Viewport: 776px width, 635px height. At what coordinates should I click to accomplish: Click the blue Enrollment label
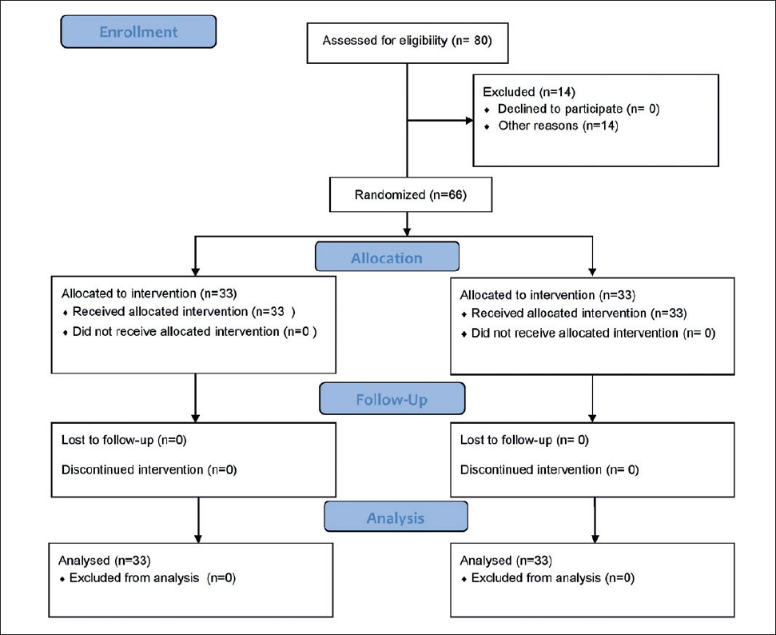tap(138, 32)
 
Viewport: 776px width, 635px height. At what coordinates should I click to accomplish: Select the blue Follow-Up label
tap(392, 399)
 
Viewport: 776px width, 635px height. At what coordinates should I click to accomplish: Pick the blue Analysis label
tap(396, 517)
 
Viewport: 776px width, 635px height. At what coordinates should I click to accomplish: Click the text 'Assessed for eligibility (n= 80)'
tap(408, 41)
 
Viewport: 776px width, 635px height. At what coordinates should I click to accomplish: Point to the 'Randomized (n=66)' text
tap(411, 194)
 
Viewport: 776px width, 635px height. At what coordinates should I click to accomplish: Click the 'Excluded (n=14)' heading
tap(529, 92)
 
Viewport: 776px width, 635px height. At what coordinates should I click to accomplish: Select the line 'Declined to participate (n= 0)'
tap(579, 109)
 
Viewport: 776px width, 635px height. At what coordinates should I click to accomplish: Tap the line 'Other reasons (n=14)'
tap(559, 126)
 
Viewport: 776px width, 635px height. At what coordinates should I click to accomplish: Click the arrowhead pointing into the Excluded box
tap(469, 121)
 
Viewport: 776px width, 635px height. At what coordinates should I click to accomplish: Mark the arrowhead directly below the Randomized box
tap(408, 231)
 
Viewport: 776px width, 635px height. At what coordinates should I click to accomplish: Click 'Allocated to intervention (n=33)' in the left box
tap(149, 294)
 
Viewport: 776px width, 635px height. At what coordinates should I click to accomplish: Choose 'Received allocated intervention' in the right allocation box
tap(559, 313)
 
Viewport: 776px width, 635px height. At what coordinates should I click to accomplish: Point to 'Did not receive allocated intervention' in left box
tap(176, 331)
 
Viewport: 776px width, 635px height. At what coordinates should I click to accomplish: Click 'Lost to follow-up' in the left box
tap(107, 440)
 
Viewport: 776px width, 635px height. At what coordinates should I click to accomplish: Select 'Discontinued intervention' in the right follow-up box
tap(531, 469)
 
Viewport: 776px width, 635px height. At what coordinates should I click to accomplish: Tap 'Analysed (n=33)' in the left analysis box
tap(105, 560)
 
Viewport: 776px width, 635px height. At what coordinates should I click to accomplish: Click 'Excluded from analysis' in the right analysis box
tap(536, 578)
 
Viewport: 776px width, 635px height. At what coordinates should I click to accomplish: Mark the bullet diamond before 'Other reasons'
tap(487, 127)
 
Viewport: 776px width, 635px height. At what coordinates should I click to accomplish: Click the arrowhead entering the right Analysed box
tap(595, 538)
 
